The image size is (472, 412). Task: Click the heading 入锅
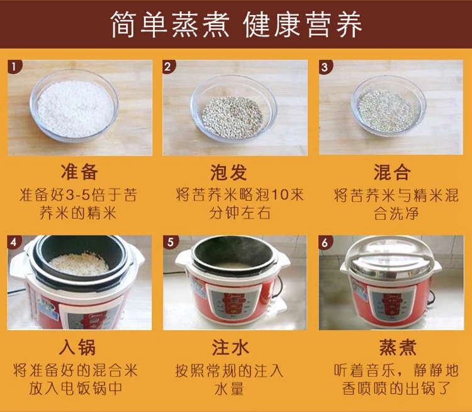(x=79, y=346)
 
